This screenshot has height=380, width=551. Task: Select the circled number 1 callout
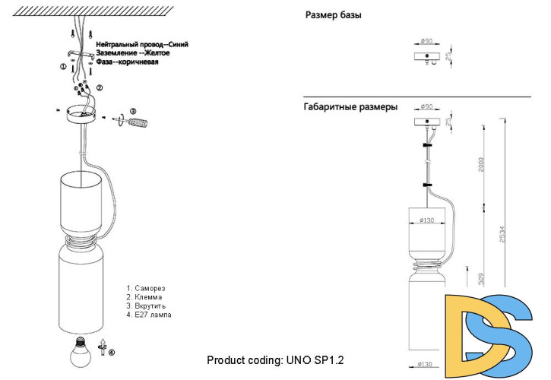tap(64, 67)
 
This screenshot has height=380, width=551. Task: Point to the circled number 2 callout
tap(100, 88)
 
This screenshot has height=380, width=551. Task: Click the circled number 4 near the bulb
tap(112, 352)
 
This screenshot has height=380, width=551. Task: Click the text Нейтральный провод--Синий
tap(142, 45)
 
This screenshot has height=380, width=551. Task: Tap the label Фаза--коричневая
tap(127, 63)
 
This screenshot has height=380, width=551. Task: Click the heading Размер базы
tap(333, 15)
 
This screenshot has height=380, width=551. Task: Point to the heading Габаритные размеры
tap(350, 108)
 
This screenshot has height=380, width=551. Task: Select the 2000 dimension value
tap(480, 166)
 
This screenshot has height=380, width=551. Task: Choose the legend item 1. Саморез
tap(146, 288)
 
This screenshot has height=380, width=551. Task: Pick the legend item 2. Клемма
tap(145, 297)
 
